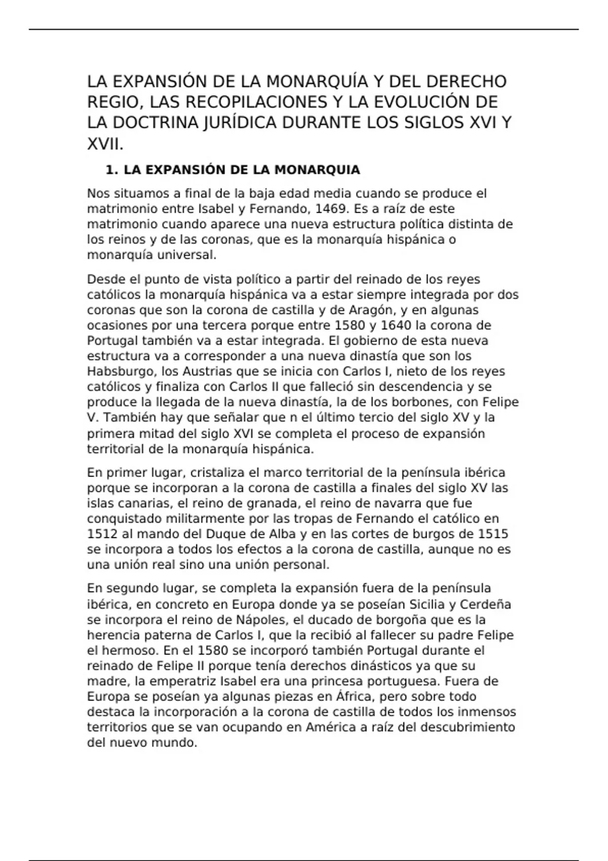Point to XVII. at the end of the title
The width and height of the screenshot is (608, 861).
(x=105, y=144)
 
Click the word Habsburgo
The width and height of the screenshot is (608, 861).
(x=119, y=371)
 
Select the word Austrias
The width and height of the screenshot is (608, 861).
(x=208, y=371)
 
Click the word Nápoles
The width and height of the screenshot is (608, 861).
(x=261, y=620)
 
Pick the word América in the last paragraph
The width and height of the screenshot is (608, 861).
(x=328, y=727)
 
